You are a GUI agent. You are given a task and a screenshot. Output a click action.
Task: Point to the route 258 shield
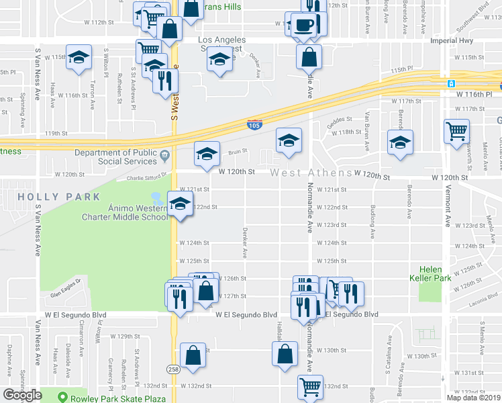174,369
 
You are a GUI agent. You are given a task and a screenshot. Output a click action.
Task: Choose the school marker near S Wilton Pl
79,58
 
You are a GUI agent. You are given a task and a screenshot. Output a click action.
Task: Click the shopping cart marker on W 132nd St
310,386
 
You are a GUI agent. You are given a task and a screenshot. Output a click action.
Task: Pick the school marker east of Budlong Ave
401,142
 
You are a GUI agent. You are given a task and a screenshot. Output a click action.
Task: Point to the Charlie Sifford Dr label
154,179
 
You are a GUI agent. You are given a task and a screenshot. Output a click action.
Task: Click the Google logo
23,395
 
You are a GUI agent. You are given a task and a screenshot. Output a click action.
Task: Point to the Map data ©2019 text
473,398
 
